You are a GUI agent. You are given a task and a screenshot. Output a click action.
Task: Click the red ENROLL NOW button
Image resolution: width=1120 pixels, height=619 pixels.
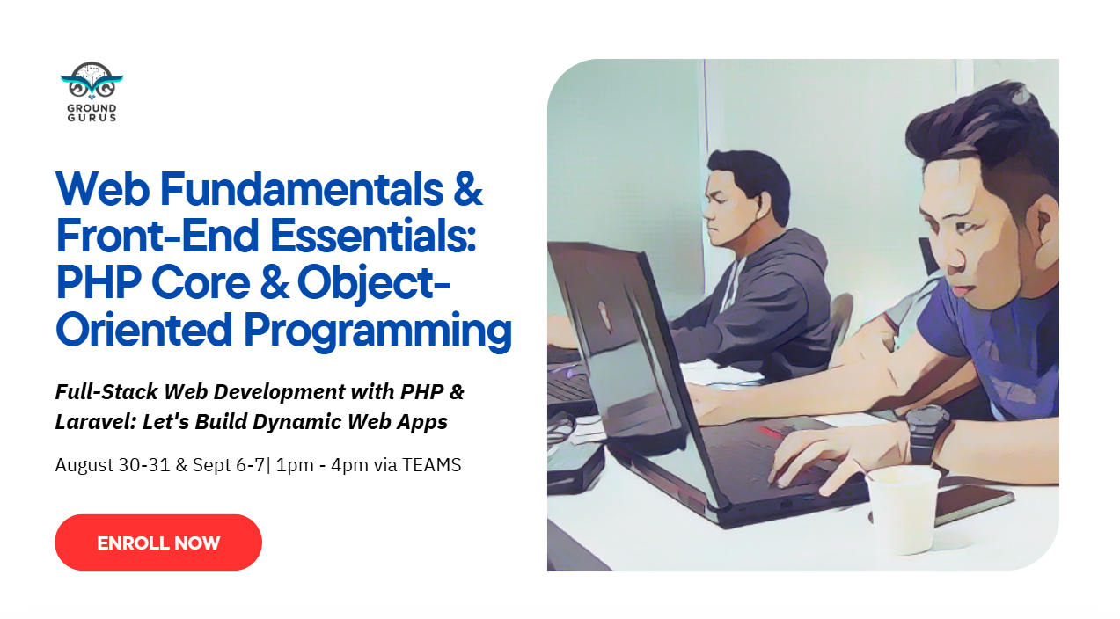tap(158, 543)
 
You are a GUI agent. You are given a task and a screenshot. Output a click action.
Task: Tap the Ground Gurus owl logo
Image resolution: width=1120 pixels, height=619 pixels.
tap(92, 81)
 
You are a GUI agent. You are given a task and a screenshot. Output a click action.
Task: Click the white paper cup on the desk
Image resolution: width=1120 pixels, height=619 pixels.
tap(902, 509)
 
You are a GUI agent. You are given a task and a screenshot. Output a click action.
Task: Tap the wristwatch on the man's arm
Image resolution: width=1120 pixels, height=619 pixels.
tap(927, 432)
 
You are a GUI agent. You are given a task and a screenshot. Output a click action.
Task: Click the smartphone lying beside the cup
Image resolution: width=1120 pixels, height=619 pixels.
tap(972, 500)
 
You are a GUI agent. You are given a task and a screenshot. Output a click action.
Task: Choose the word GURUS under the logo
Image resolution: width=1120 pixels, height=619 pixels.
tap(92, 118)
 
